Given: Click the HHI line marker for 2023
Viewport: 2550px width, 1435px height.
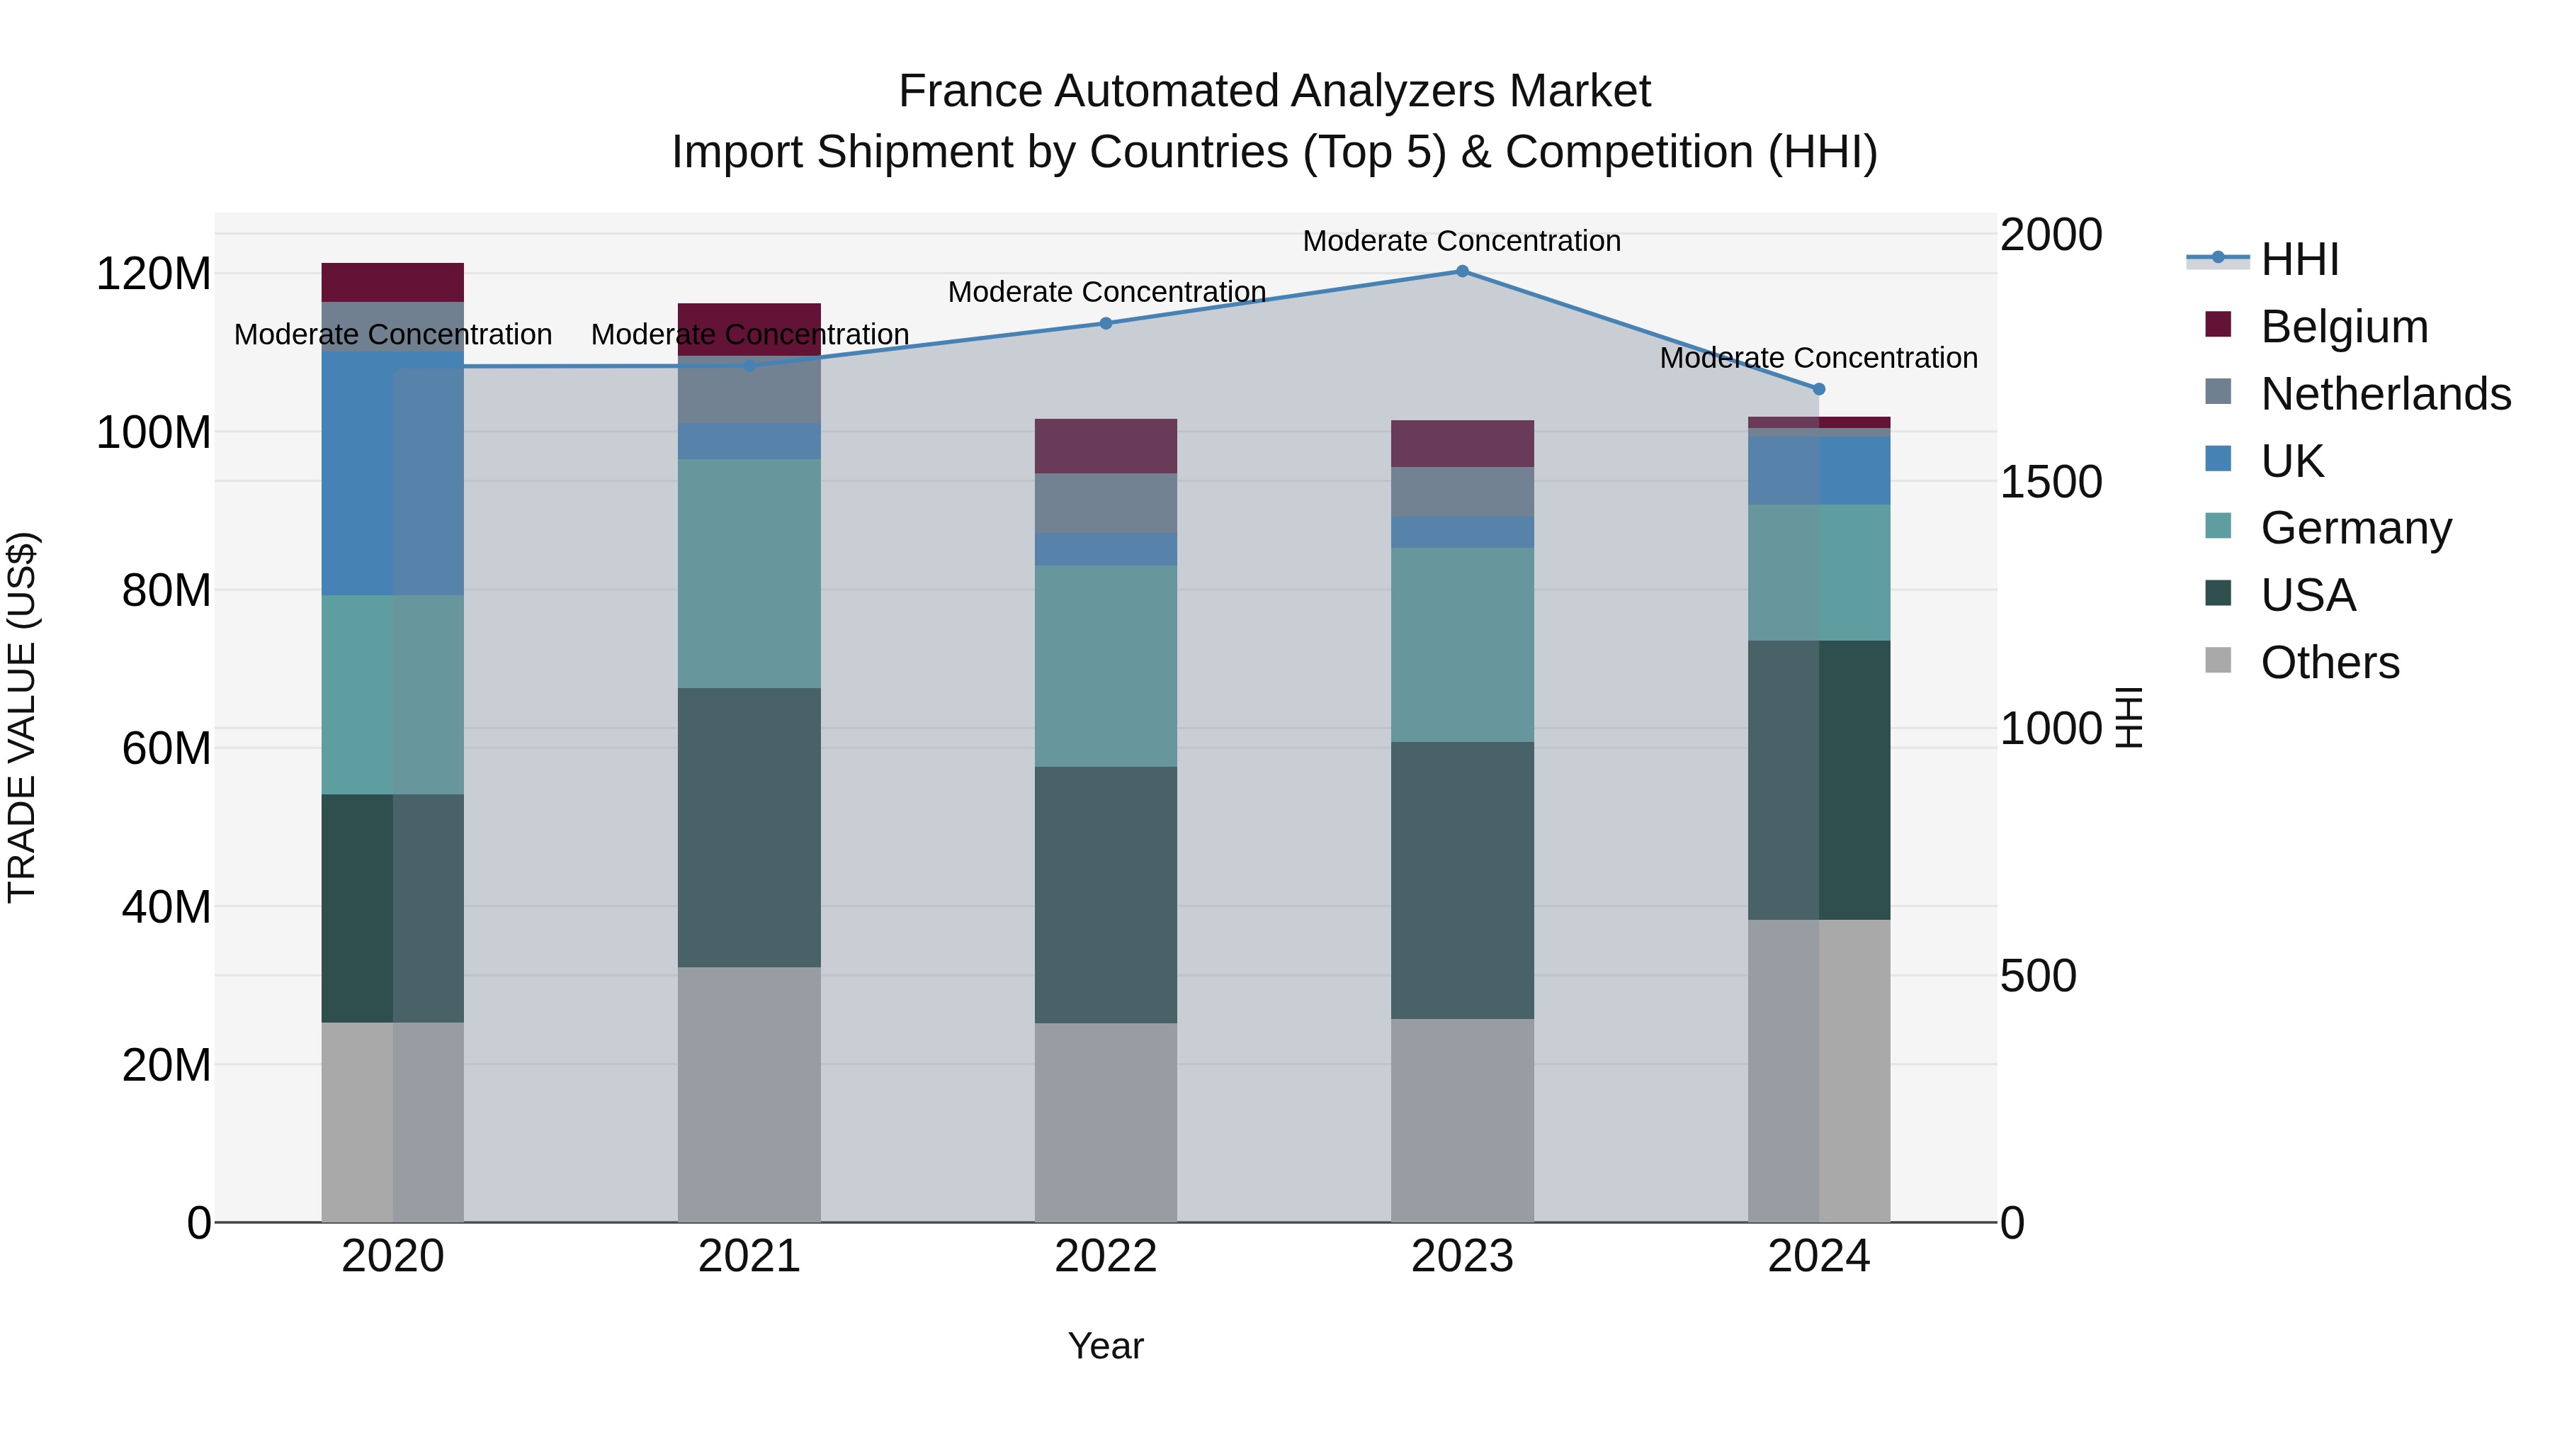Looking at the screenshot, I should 1462,271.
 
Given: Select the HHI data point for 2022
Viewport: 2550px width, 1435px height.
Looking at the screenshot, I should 1106,323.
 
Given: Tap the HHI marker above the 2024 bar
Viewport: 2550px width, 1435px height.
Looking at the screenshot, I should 1818,389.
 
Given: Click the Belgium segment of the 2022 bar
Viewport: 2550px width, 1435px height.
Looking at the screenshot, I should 1106,446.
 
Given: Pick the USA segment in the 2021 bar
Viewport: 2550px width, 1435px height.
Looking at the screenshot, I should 749,827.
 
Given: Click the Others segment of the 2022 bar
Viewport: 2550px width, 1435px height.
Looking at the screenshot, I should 1106,1122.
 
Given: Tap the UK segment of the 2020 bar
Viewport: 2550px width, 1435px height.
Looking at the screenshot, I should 393,473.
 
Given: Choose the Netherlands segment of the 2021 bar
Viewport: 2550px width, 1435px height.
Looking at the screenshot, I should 749,390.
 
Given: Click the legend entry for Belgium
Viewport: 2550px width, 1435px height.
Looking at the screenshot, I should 2343,327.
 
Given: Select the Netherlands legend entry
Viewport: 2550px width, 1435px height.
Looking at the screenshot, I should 2385,394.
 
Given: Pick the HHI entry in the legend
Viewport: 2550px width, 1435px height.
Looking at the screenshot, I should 2299,259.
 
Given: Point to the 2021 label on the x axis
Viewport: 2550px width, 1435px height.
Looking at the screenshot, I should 749,1256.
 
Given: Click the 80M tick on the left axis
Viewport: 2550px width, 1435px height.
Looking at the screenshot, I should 166,590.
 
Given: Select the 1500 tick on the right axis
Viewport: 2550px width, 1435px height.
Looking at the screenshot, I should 2050,483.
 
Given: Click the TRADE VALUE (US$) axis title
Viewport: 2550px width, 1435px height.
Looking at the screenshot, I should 22,717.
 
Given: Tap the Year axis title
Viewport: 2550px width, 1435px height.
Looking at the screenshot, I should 1106,1346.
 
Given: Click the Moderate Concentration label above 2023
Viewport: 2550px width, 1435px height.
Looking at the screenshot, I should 1461,241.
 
